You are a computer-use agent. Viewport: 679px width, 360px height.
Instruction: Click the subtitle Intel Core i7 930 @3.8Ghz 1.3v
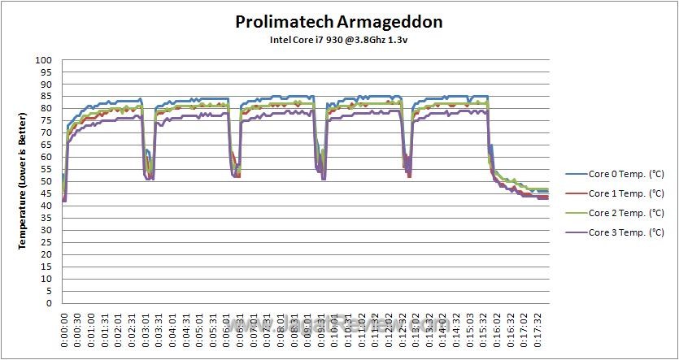tap(339, 39)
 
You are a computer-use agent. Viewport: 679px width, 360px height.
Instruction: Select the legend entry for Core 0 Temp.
tap(625, 174)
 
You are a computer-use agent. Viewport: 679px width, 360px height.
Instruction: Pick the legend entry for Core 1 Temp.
tap(625, 193)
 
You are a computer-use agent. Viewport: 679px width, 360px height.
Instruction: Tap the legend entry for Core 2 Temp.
tap(625, 213)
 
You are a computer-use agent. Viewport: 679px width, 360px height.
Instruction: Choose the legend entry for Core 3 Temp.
tap(625, 233)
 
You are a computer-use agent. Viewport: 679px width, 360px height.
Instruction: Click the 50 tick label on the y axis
tap(46, 181)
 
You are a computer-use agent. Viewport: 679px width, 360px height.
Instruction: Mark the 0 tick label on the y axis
tap(49, 303)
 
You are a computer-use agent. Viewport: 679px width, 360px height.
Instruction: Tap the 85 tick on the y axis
tap(46, 97)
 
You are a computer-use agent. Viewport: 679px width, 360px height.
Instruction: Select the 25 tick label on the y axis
tap(46, 242)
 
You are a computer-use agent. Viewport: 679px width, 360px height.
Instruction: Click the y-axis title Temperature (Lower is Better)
tap(24, 181)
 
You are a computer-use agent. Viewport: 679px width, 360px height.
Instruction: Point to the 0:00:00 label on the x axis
tap(64, 329)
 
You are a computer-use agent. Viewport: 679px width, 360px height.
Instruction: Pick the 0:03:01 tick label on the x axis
tap(145, 329)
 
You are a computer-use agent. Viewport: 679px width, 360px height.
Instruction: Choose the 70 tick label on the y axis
tap(46, 133)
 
